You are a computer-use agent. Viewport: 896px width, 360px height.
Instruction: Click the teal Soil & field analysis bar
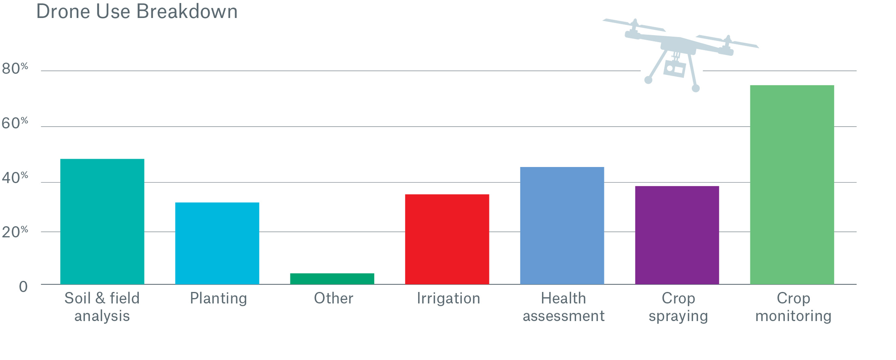(x=102, y=221)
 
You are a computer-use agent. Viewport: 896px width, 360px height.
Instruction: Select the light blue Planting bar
(x=217, y=243)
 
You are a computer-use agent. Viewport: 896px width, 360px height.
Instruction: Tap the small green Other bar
(x=332, y=279)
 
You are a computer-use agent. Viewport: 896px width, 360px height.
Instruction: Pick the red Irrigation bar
(x=447, y=239)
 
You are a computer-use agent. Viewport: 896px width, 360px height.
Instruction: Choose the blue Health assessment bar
(x=562, y=226)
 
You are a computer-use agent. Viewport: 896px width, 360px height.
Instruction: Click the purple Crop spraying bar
(x=677, y=235)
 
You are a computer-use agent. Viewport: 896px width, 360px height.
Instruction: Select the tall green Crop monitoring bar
(x=792, y=185)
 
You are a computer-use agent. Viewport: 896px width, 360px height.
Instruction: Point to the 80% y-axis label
(x=14, y=69)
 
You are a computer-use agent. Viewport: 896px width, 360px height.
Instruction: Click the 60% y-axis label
(x=14, y=123)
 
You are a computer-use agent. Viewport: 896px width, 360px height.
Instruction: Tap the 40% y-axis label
(x=14, y=178)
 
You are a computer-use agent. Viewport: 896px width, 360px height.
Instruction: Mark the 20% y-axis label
(x=14, y=232)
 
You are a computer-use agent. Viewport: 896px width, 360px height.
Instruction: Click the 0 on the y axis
(x=23, y=287)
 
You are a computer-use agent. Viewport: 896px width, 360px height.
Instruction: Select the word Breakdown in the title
(x=187, y=11)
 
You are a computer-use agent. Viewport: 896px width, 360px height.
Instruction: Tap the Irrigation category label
(x=448, y=298)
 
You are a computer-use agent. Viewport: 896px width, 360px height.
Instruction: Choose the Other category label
(x=333, y=298)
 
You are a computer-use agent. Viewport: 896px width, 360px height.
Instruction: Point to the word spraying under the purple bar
(x=678, y=316)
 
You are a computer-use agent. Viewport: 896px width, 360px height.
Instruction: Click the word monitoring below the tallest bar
(x=793, y=316)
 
